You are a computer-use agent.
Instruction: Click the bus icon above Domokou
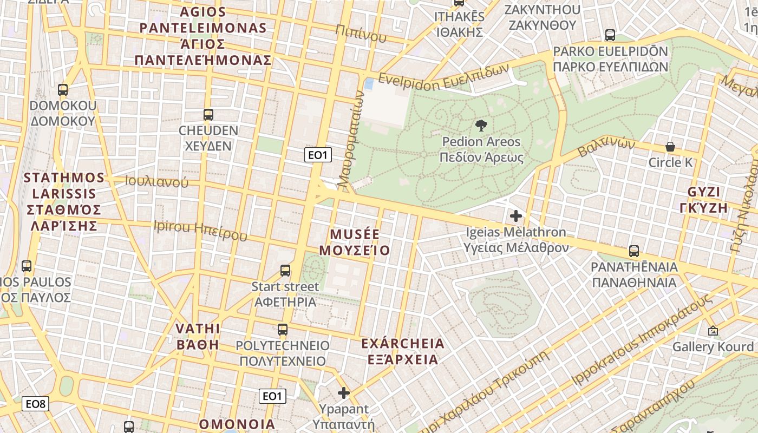63,90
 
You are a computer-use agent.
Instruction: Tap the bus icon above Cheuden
208,115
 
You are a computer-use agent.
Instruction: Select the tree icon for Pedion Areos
480,126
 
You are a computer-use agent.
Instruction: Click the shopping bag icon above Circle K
670,147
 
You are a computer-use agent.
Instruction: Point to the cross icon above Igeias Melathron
516,216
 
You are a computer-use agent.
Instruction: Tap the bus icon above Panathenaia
634,251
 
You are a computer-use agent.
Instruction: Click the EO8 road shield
36,404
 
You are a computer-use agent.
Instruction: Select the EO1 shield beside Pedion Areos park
317,155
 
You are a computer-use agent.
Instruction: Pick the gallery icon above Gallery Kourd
713,330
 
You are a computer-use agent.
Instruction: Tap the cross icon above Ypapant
344,393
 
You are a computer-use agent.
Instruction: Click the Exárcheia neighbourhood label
403,351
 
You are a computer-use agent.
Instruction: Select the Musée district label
355,242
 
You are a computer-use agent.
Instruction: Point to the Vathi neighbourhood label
198,337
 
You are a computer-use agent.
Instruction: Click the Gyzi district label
704,200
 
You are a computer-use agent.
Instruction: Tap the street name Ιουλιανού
156,182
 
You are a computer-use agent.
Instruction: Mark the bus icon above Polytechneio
283,330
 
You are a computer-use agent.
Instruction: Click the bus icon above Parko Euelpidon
610,35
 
